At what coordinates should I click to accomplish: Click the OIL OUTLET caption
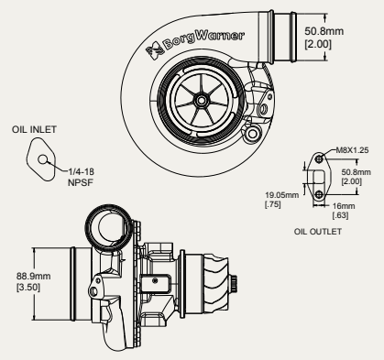click(x=316, y=232)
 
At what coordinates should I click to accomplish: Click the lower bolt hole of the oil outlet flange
click(x=316, y=194)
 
